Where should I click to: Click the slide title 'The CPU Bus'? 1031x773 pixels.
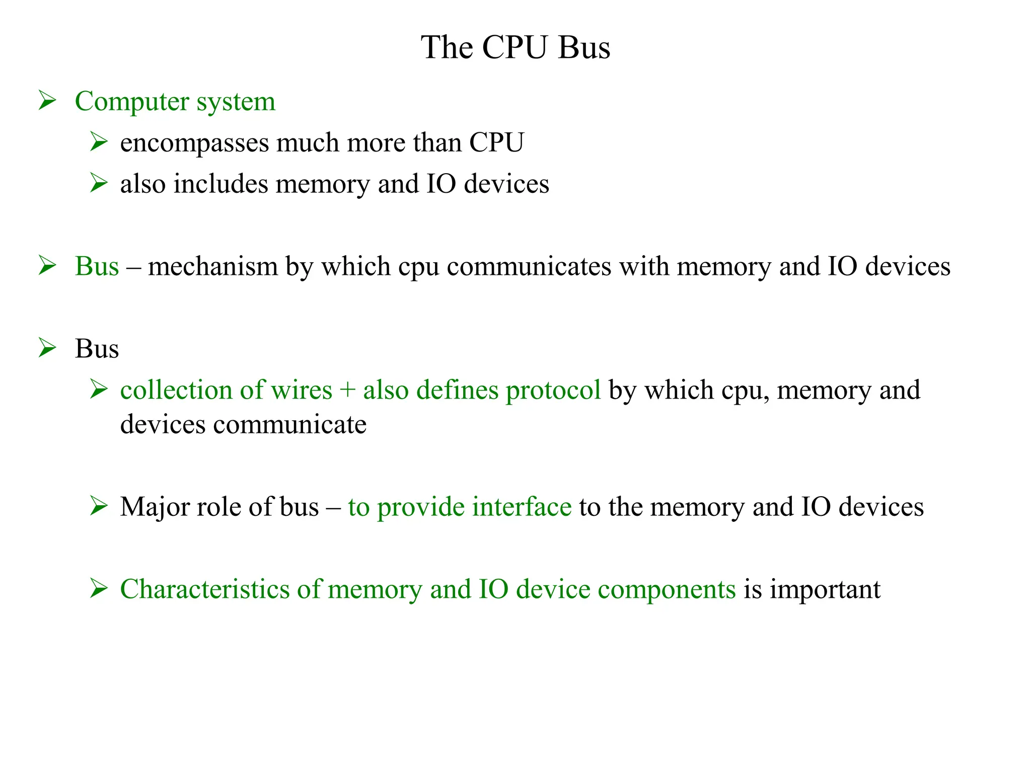[x=515, y=48]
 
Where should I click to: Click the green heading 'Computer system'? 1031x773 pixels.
[x=175, y=101]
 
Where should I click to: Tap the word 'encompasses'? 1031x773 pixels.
[x=195, y=143]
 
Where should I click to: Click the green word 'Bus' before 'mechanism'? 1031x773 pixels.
[x=97, y=266]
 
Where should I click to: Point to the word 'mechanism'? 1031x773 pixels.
[x=213, y=266]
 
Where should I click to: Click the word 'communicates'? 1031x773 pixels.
[x=529, y=266]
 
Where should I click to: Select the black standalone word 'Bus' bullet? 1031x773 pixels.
[x=97, y=349]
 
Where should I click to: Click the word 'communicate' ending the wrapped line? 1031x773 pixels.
[x=290, y=424]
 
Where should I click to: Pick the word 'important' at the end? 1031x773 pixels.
[x=825, y=589]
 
